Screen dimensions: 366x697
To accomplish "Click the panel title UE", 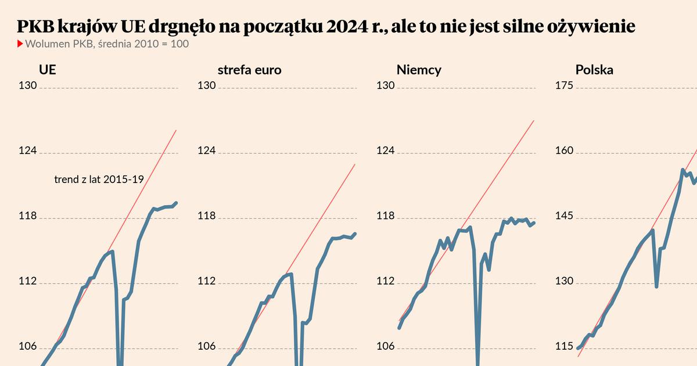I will click(47, 70).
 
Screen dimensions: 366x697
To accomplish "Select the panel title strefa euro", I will click(249, 70).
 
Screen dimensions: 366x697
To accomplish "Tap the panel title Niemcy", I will click(419, 70).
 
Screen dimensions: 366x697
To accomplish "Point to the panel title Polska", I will click(594, 70).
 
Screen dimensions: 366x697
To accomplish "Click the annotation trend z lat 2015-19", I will click(99, 180).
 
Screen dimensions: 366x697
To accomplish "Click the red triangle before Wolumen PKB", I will click(20, 44).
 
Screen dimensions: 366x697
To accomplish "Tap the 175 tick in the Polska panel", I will click(565, 86).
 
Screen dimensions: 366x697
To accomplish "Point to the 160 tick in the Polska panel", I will click(565, 151).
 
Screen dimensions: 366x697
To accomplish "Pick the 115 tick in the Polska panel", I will click(565, 347).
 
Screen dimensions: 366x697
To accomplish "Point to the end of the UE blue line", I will click(176, 203).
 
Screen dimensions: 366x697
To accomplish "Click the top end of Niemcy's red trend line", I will click(533, 121).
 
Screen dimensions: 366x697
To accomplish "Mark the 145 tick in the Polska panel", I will click(565, 217).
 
